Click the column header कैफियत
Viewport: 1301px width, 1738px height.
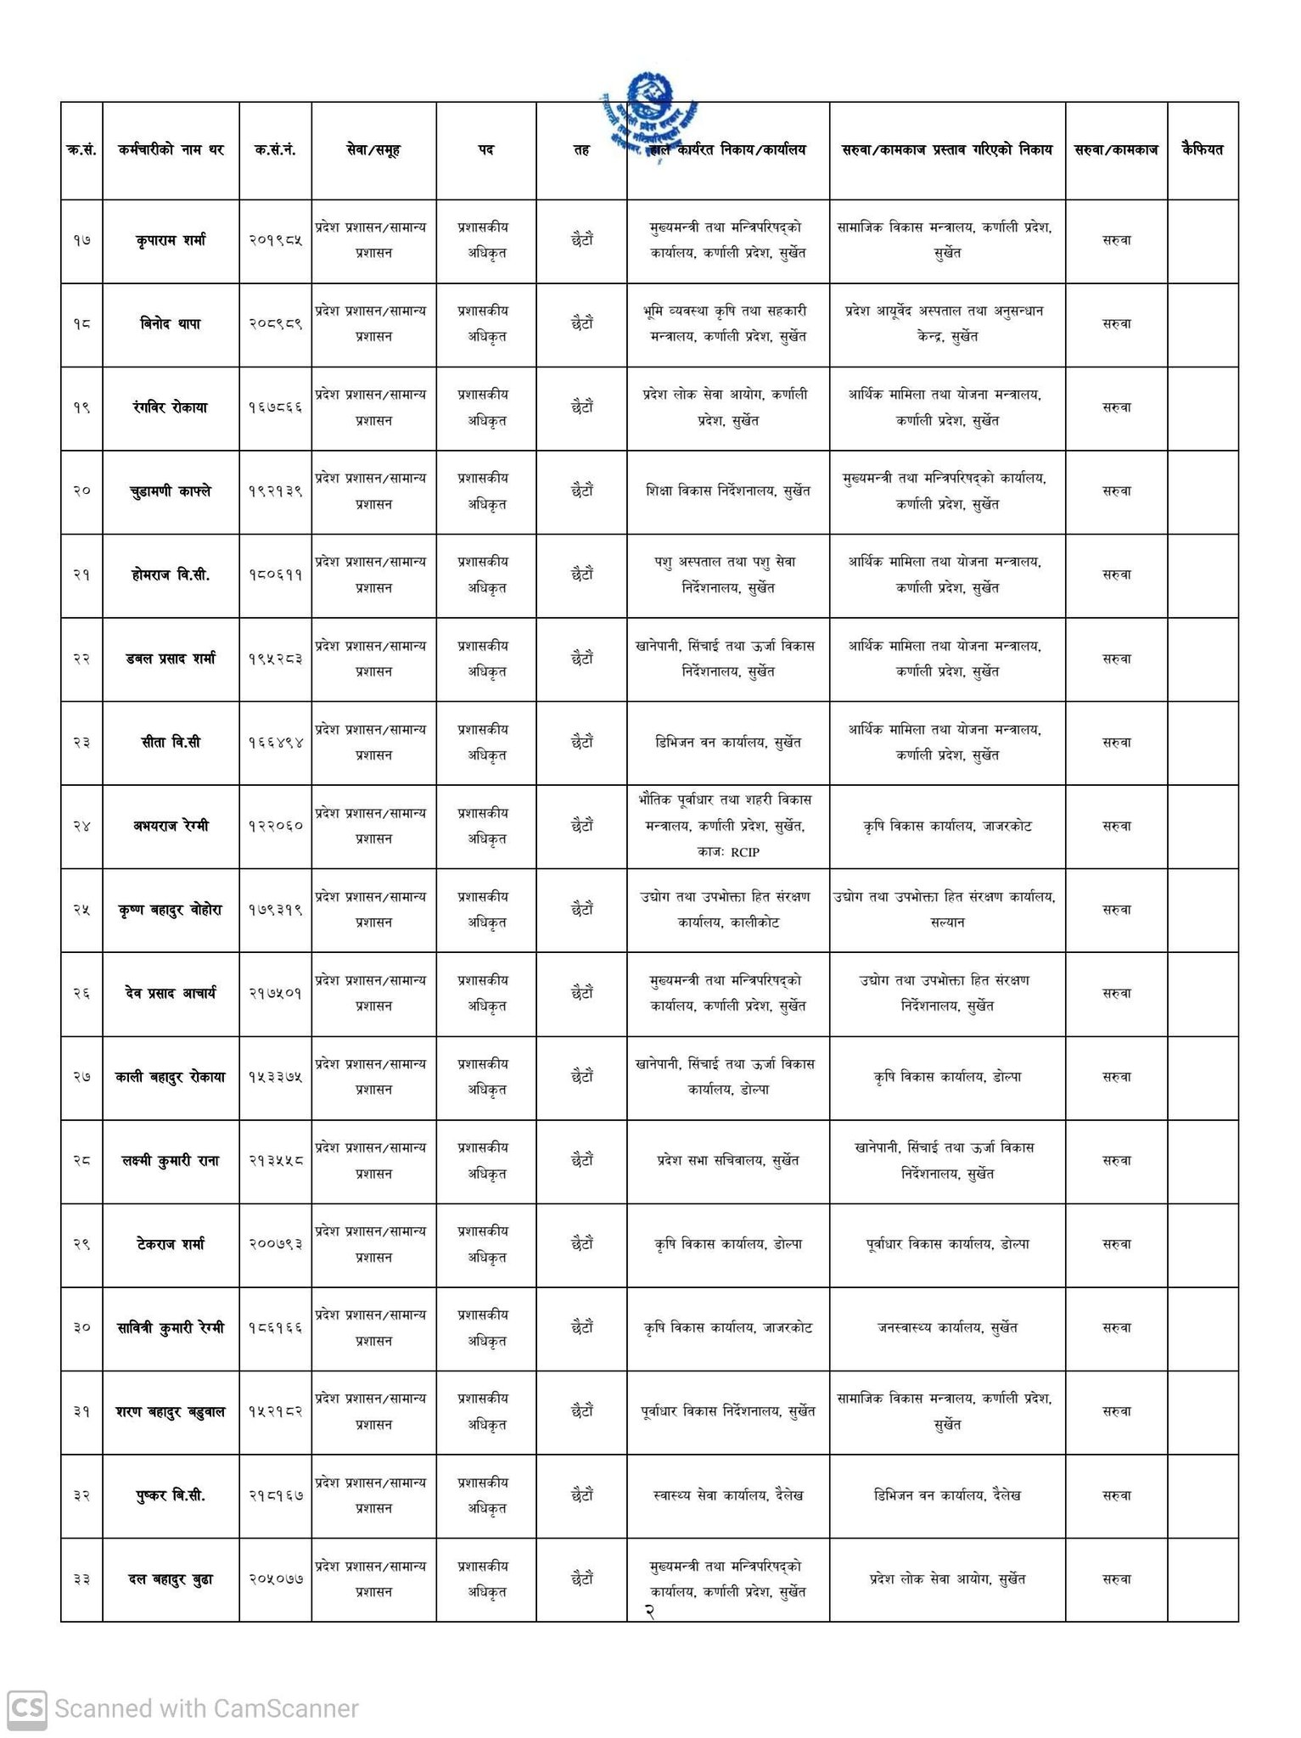tap(1202, 150)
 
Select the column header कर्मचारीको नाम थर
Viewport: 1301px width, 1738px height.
tap(171, 150)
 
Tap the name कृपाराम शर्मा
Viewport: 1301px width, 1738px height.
tap(171, 240)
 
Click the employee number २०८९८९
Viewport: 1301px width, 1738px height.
tap(276, 324)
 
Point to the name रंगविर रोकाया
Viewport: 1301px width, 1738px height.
tap(171, 407)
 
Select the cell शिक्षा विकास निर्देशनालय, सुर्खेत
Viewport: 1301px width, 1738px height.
tap(728, 491)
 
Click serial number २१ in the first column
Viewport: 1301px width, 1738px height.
tap(81, 575)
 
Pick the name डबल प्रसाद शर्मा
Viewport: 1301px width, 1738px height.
tap(171, 659)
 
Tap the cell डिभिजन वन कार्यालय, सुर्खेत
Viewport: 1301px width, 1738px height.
tap(728, 743)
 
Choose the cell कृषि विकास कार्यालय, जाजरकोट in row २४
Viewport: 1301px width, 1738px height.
tap(946, 826)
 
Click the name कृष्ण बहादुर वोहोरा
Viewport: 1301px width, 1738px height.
tap(171, 910)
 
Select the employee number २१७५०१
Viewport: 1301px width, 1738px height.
tap(276, 994)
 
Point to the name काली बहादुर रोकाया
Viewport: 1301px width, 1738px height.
tap(171, 1077)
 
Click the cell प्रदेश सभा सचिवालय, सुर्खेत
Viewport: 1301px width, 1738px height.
tap(728, 1161)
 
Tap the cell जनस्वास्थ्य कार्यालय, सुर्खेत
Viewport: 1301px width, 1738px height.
tap(946, 1328)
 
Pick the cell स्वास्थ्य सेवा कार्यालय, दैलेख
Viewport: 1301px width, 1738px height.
tap(728, 1495)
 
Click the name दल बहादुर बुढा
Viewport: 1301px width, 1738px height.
tap(171, 1579)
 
